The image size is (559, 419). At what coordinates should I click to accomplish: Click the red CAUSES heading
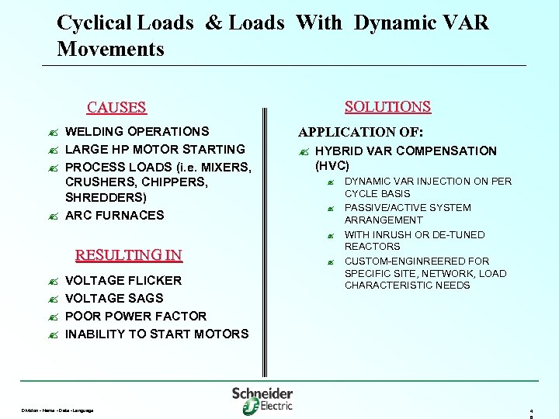[x=116, y=108]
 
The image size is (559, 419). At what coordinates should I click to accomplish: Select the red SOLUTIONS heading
[x=387, y=107]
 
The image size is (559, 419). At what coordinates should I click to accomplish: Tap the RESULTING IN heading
[x=128, y=255]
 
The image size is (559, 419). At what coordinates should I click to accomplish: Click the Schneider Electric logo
[x=262, y=400]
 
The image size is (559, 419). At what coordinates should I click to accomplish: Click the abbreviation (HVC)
[x=332, y=166]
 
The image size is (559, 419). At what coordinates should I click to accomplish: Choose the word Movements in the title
[x=110, y=50]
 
